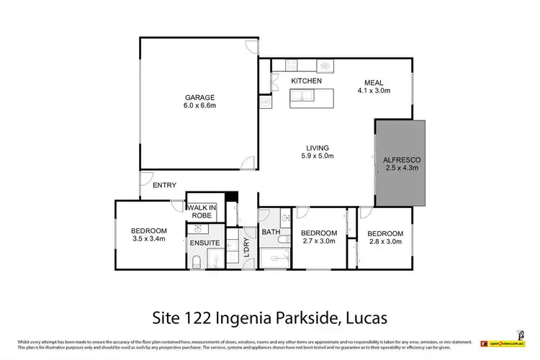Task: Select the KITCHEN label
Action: [306, 81]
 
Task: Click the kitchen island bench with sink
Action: [314, 99]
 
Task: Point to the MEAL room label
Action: [374, 81]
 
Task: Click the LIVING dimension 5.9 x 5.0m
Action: [318, 156]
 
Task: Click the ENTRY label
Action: [164, 185]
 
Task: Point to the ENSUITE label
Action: [204, 243]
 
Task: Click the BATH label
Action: [271, 233]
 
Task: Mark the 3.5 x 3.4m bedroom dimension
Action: [148, 239]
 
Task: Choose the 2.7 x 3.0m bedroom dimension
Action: [318, 242]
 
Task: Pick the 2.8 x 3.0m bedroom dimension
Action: [385, 242]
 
